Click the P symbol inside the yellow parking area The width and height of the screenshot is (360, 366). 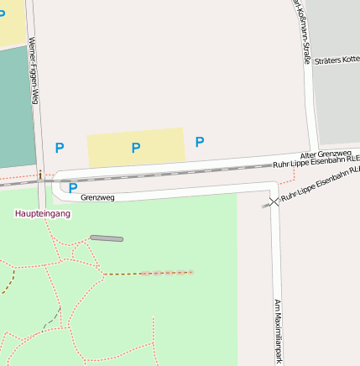[x=135, y=148]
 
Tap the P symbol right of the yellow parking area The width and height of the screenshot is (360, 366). [x=200, y=142]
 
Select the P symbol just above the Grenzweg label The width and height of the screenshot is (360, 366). [x=73, y=188]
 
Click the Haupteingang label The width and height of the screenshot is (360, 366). [x=43, y=214]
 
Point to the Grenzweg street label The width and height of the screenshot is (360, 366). [x=98, y=198]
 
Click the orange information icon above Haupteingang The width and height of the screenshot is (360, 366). [x=40, y=175]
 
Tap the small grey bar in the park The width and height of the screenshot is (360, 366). [x=107, y=238]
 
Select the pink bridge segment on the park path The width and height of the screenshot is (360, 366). [x=166, y=273]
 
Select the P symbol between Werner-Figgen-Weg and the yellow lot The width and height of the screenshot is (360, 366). [x=60, y=148]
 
